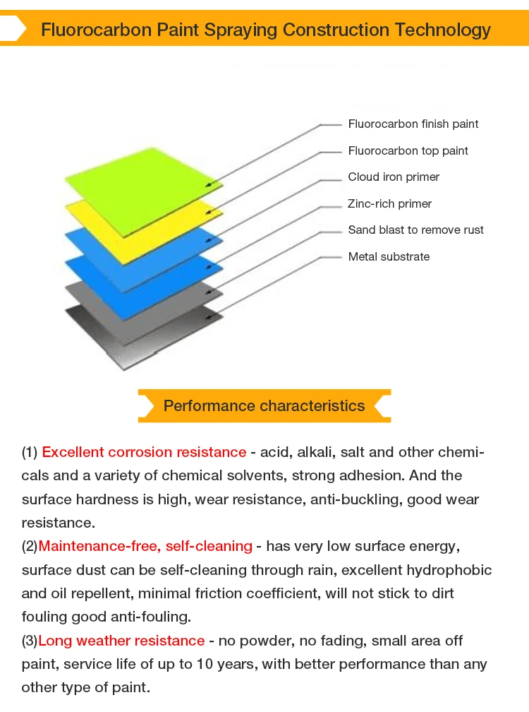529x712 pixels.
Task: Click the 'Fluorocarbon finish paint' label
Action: click(x=413, y=124)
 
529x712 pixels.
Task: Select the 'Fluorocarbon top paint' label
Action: click(x=408, y=151)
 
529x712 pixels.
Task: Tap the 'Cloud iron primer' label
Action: click(x=394, y=177)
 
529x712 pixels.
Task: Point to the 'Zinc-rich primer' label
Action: click(x=389, y=204)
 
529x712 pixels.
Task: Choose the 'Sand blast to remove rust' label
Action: click(x=415, y=230)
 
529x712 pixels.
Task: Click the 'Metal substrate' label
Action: click(x=389, y=257)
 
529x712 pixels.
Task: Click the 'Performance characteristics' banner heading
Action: click(x=264, y=406)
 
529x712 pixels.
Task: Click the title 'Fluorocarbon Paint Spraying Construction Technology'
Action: click(x=266, y=30)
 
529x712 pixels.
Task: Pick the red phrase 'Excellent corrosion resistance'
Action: click(x=144, y=452)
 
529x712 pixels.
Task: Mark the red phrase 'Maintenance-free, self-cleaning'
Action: click(x=145, y=546)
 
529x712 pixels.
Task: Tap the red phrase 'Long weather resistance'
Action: click(x=121, y=641)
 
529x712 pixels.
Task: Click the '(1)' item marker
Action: click(x=29, y=452)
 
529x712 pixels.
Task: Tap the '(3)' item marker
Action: click(x=29, y=641)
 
